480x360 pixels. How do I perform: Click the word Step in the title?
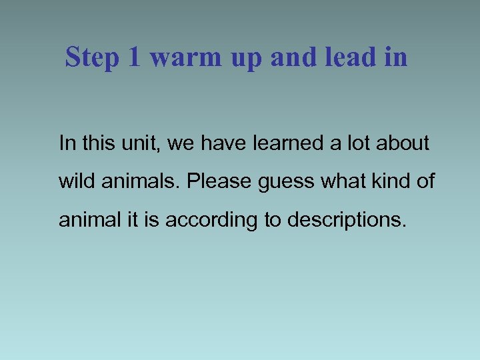click(x=92, y=58)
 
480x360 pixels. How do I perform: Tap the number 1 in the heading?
click(x=134, y=58)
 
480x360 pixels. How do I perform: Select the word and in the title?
click(x=295, y=58)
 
